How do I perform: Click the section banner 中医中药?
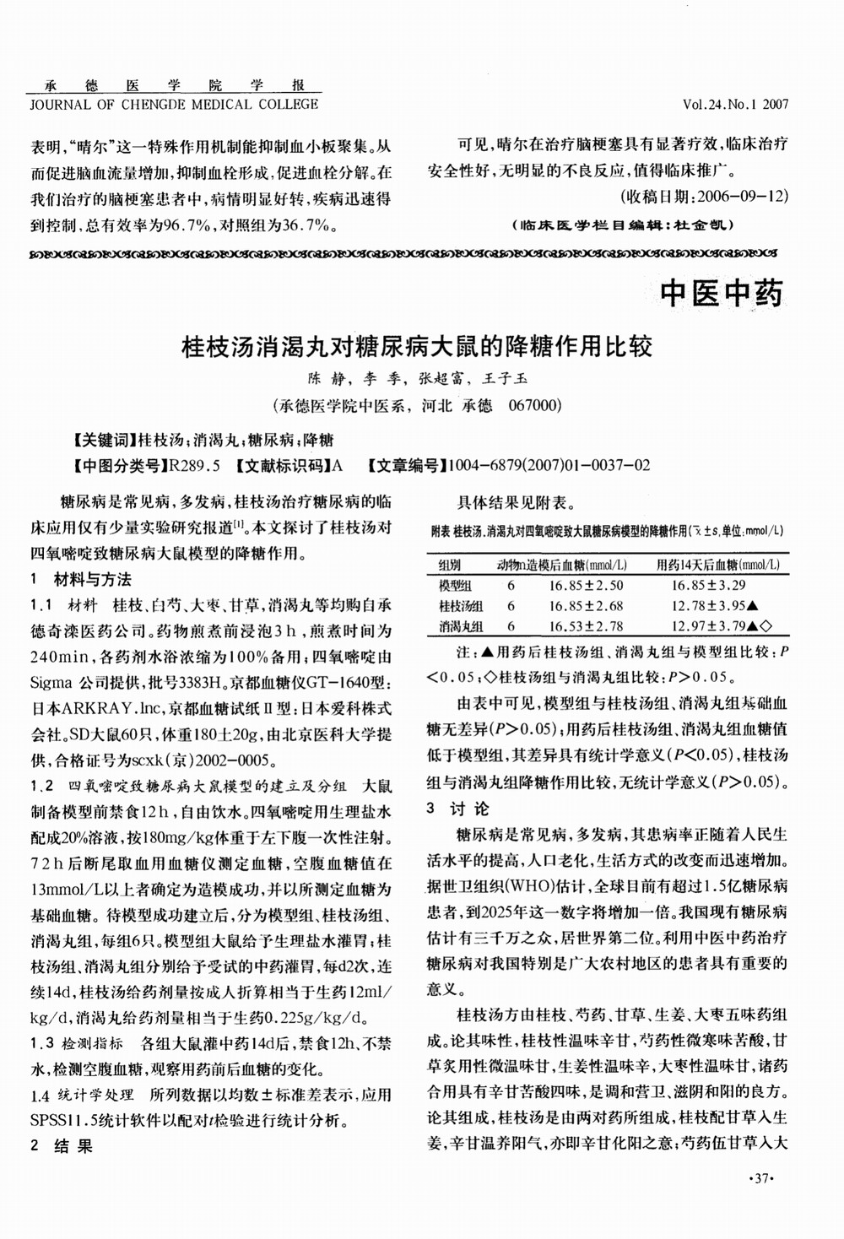[722, 293]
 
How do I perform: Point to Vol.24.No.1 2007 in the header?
[736, 106]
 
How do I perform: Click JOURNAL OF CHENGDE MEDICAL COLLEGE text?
[175, 105]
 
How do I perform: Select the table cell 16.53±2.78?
[586, 626]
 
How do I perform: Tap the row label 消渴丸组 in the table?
[461, 626]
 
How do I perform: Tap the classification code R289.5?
[195, 465]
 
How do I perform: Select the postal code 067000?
[535, 405]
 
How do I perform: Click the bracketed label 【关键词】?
[105, 440]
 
